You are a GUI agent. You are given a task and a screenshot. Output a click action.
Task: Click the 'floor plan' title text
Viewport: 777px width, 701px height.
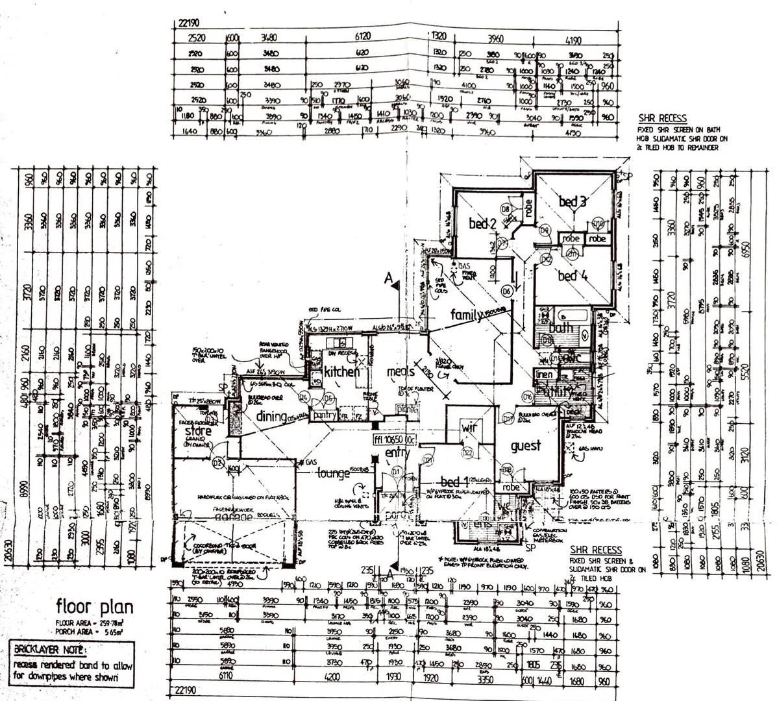tap(95, 608)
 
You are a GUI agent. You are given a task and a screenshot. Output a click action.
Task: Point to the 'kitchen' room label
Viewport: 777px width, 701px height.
tap(341, 372)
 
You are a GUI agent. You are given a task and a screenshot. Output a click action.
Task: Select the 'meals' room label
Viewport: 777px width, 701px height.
tap(401, 372)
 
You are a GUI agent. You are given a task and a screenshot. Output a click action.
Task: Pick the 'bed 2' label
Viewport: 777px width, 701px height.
tap(482, 224)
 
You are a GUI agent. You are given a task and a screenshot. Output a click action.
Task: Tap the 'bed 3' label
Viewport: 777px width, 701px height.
tap(573, 202)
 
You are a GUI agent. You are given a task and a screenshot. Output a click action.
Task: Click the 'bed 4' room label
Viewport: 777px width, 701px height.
tap(572, 276)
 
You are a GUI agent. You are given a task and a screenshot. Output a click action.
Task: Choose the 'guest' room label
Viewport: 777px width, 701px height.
tap(525, 447)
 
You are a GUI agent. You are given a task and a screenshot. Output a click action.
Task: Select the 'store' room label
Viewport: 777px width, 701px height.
tap(198, 430)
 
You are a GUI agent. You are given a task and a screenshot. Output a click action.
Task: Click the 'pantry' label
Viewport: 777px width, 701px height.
tap(323, 415)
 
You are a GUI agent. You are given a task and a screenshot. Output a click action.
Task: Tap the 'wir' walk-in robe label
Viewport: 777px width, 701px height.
tap(469, 428)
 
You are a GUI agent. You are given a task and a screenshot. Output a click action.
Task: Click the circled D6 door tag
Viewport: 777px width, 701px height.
tap(507, 292)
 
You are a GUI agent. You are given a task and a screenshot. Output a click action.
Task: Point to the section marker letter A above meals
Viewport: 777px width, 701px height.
tap(388, 279)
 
